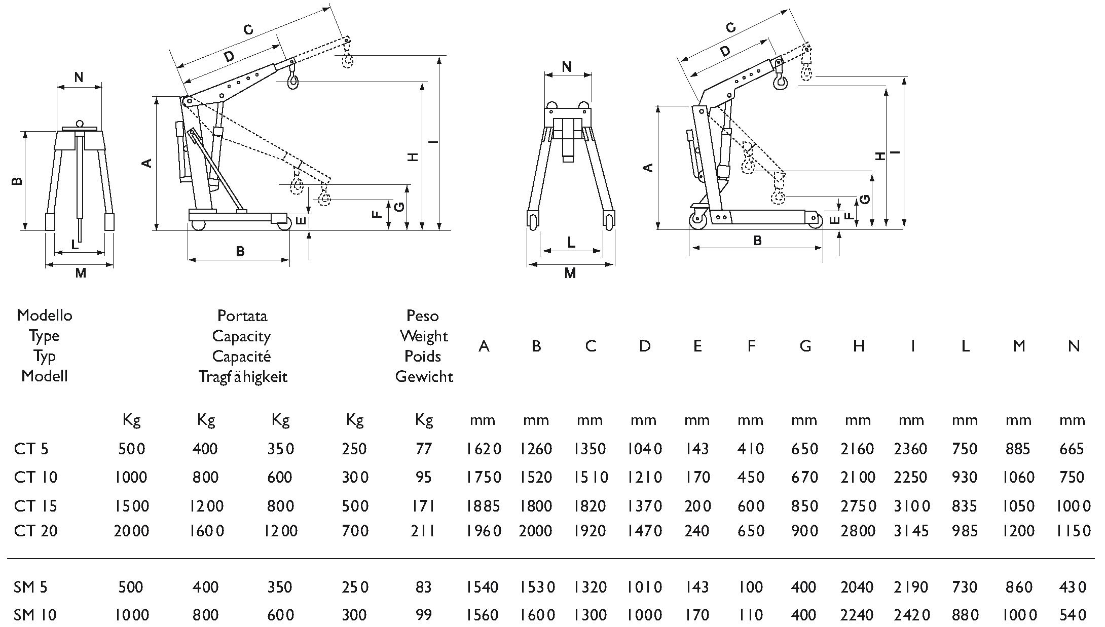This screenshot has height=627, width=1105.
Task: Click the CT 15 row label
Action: [35, 505]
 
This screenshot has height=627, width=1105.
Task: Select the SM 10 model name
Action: [35, 615]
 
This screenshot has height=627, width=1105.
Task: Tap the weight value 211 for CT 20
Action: [423, 531]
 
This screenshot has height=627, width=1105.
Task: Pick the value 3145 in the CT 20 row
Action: [911, 531]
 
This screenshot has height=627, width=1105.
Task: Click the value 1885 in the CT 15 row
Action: [484, 505]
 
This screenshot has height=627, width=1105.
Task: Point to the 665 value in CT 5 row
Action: [1072, 449]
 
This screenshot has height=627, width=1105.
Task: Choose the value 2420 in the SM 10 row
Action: [911, 615]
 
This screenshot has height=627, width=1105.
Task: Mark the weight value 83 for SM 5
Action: [423, 587]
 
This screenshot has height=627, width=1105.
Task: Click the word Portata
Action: [242, 316]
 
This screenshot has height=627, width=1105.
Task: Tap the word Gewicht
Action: [424, 376]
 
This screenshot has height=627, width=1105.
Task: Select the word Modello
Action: [45, 315]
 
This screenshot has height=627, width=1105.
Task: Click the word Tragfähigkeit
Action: [243, 377]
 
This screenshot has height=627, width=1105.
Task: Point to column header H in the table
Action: [858, 346]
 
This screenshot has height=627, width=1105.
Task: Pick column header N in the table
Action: [1074, 346]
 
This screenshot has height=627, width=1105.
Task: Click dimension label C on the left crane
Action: [248, 30]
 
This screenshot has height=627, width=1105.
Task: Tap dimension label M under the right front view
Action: [570, 273]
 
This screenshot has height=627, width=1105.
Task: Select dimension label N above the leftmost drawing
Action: [79, 77]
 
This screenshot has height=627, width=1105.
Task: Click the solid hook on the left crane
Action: [292, 82]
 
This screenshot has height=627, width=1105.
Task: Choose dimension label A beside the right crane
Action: [647, 167]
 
